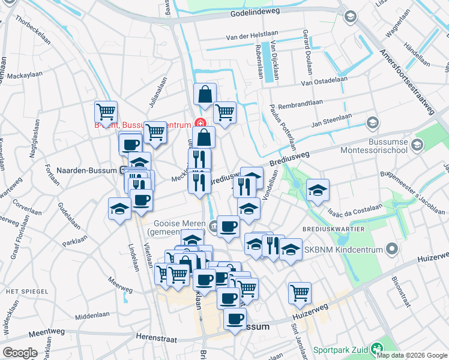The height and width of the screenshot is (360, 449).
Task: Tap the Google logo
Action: [20, 353]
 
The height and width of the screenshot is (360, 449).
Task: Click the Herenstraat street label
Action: [158, 337]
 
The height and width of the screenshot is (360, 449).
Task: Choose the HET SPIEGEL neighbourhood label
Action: [22, 291]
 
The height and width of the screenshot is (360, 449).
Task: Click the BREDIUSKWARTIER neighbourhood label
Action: [337, 229]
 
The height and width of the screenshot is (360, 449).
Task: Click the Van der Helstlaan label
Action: [249, 37]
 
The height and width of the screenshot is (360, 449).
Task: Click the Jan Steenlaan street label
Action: [331, 124]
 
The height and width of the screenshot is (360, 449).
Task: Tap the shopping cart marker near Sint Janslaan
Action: [300, 293]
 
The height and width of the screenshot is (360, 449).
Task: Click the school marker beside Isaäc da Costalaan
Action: [318, 190]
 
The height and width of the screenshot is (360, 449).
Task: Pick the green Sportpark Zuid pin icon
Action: [377, 348]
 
